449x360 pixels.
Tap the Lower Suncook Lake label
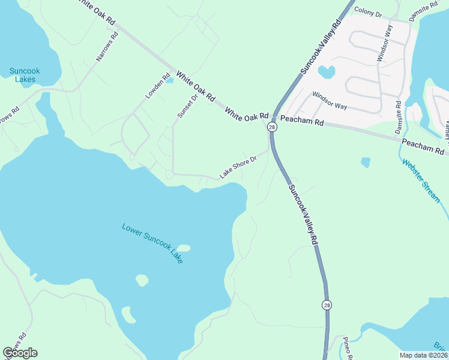pos(152,243)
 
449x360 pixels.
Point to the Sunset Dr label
pos(187,106)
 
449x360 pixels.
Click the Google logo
pos(20,353)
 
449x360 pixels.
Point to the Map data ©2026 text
pos(423,355)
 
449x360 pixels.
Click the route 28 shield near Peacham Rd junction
pos(272,127)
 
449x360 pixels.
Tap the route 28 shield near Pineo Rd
pos(326,305)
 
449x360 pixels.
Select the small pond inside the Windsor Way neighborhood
pos(326,72)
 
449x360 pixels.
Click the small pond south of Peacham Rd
pos(366,162)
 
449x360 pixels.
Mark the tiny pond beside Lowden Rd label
pos(170,80)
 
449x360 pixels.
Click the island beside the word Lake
pos(183,248)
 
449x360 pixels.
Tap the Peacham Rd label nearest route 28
pos(302,122)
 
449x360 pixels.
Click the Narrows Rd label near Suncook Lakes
pos(107,47)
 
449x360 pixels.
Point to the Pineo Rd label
pos(345,347)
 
